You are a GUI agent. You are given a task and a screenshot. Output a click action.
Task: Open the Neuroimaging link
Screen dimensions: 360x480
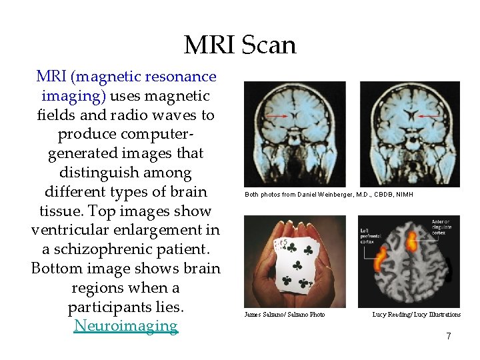point(126,326)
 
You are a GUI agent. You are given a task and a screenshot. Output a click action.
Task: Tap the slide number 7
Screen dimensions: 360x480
point(449,337)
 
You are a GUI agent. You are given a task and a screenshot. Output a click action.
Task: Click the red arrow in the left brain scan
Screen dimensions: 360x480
point(275,115)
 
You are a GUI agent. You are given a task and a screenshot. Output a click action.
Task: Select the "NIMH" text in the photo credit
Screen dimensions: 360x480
point(404,195)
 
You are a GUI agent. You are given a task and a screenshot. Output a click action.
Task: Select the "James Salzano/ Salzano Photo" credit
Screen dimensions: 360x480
point(285,315)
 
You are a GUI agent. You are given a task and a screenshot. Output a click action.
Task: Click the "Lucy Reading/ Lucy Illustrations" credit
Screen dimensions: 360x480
point(416,315)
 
